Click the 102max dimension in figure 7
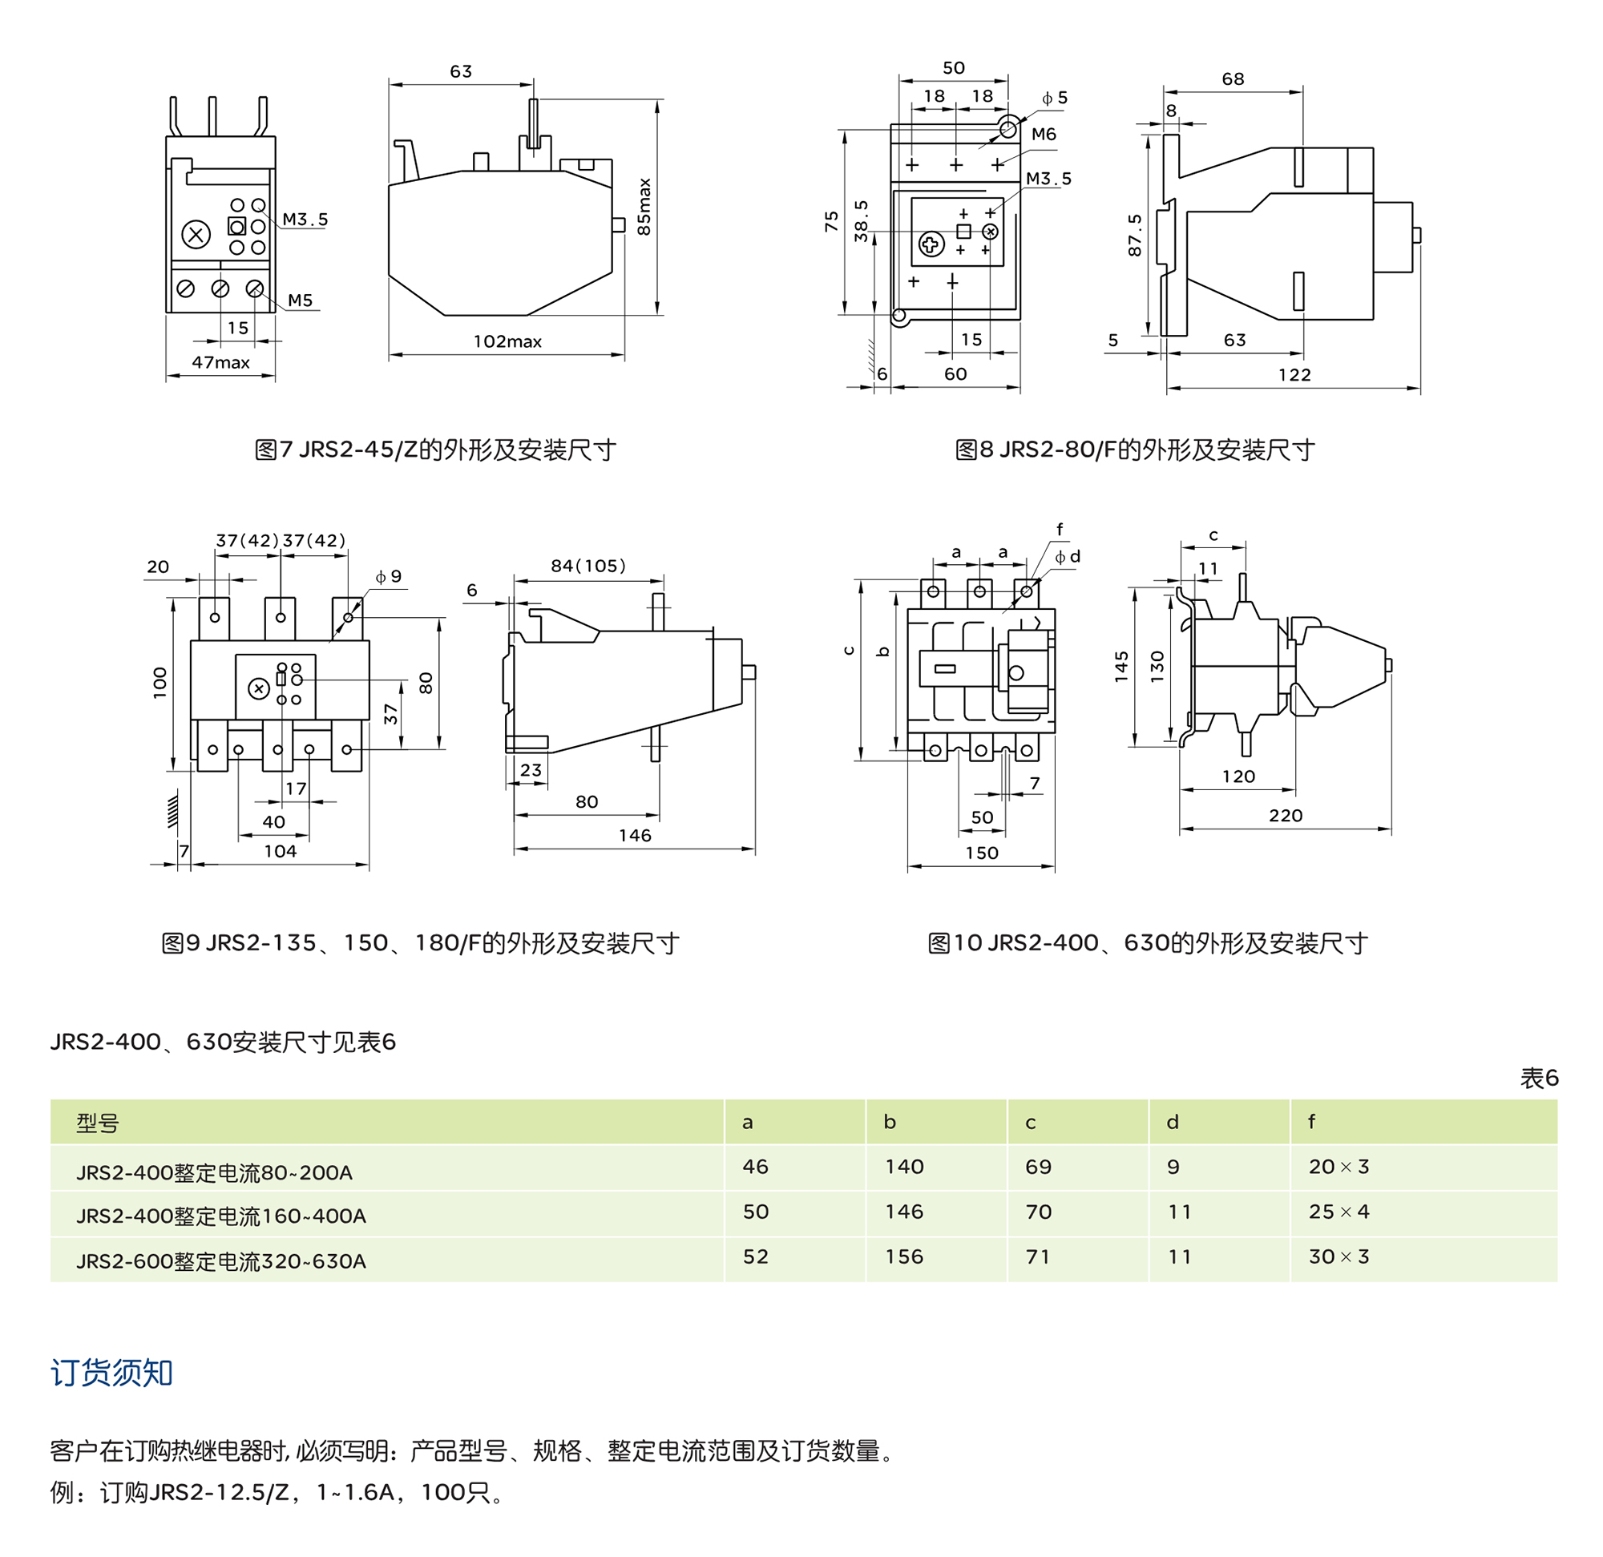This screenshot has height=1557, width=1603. pyautogui.click(x=507, y=342)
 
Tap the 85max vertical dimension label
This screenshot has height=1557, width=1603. pyautogui.click(x=644, y=207)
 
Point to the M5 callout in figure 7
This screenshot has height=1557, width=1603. pyautogui.click(x=300, y=301)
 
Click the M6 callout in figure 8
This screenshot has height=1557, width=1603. pyautogui.click(x=1044, y=134)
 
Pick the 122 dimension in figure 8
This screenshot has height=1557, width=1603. pyautogui.click(x=1294, y=375)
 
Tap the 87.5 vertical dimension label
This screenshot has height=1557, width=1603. pyautogui.click(x=1134, y=236)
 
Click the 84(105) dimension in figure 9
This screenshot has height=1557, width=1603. pyautogui.click(x=588, y=566)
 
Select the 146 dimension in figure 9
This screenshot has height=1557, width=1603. pyautogui.click(x=635, y=835)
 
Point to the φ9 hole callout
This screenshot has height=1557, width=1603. pyautogui.click(x=390, y=576)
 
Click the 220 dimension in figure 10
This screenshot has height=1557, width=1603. pyautogui.click(x=1286, y=815)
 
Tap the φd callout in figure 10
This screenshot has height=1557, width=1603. pyautogui.click(x=1068, y=557)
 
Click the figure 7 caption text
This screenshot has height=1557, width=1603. pyautogui.click(x=435, y=450)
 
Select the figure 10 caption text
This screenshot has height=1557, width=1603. pyautogui.click(x=1148, y=943)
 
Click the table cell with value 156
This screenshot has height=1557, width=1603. pyautogui.click(x=904, y=1256)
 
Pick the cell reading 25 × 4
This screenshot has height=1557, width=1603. pyautogui.click(x=1339, y=1212)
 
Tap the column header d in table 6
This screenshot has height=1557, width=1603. pyautogui.click(x=1172, y=1122)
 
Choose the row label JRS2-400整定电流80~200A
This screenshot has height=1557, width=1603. pyautogui.click(x=214, y=1172)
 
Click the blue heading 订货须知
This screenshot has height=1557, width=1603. pyautogui.click(x=111, y=1373)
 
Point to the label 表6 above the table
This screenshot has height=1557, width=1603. pyautogui.click(x=1539, y=1079)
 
